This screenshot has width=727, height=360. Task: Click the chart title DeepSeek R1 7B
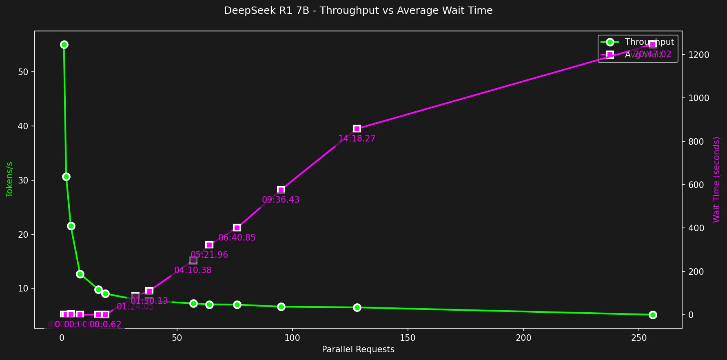(x=358, y=11)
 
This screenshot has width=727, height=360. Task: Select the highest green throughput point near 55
(x=64, y=44)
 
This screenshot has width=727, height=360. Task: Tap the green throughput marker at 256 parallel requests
(x=652, y=315)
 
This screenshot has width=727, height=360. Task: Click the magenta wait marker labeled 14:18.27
(x=357, y=129)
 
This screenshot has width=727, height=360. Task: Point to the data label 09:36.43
(x=281, y=200)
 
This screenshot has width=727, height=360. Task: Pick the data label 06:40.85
(x=237, y=238)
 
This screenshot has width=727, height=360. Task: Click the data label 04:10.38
(x=193, y=270)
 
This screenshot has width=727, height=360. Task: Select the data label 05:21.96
(x=209, y=255)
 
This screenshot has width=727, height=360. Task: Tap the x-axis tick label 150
(x=408, y=338)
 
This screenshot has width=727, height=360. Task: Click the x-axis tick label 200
(x=523, y=338)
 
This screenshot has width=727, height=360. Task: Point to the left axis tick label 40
(x=23, y=126)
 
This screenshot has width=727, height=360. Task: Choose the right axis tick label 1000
(x=698, y=98)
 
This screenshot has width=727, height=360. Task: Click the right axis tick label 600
(x=696, y=185)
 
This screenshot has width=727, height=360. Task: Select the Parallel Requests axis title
(x=358, y=349)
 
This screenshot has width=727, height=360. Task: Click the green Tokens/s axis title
(x=9, y=179)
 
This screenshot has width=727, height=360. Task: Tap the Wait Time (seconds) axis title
(x=716, y=179)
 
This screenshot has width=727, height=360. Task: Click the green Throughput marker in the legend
(x=610, y=42)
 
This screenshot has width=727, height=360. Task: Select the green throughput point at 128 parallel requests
(x=357, y=307)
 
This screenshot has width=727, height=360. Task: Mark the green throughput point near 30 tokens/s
(x=66, y=177)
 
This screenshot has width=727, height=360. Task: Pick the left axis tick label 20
(x=23, y=234)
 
